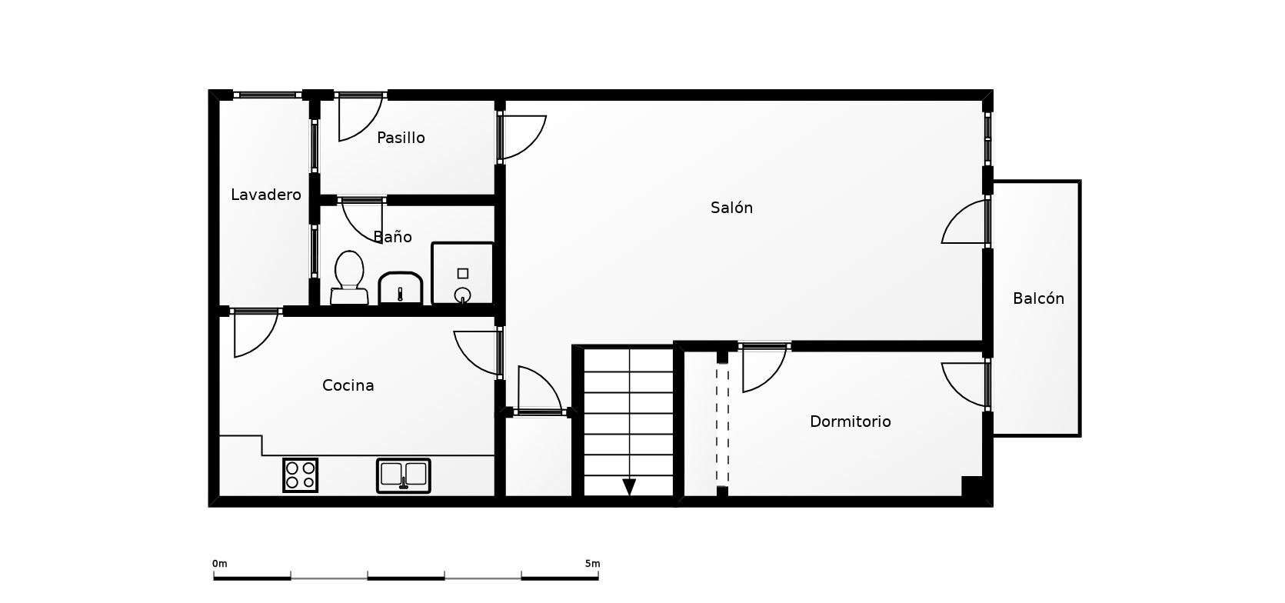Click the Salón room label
pyautogui.click(x=731, y=208)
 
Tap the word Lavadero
pyautogui.click(x=265, y=195)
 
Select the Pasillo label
pyautogui.click(x=401, y=138)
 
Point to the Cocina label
pyautogui.click(x=348, y=385)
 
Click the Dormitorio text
pyautogui.click(x=851, y=421)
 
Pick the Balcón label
pyautogui.click(x=1038, y=298)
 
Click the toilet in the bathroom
pyautogui.click(x=349, y=278)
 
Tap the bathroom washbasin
pyautogui.click(x=401, y=288)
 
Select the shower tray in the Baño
pyautogui.click(x=462, y=273)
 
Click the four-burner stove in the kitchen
pyautogui.click(x=300, y=475)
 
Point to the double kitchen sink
pyautogui.click(x=403, y=475)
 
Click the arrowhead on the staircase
pyautogui.click(x=629, y=487)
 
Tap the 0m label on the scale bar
pyautogui.click(x=220, y=564)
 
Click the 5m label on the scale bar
pyautogui.click(x=593, y=564)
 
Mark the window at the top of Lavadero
pyautogui.click(x=268, y=95)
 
